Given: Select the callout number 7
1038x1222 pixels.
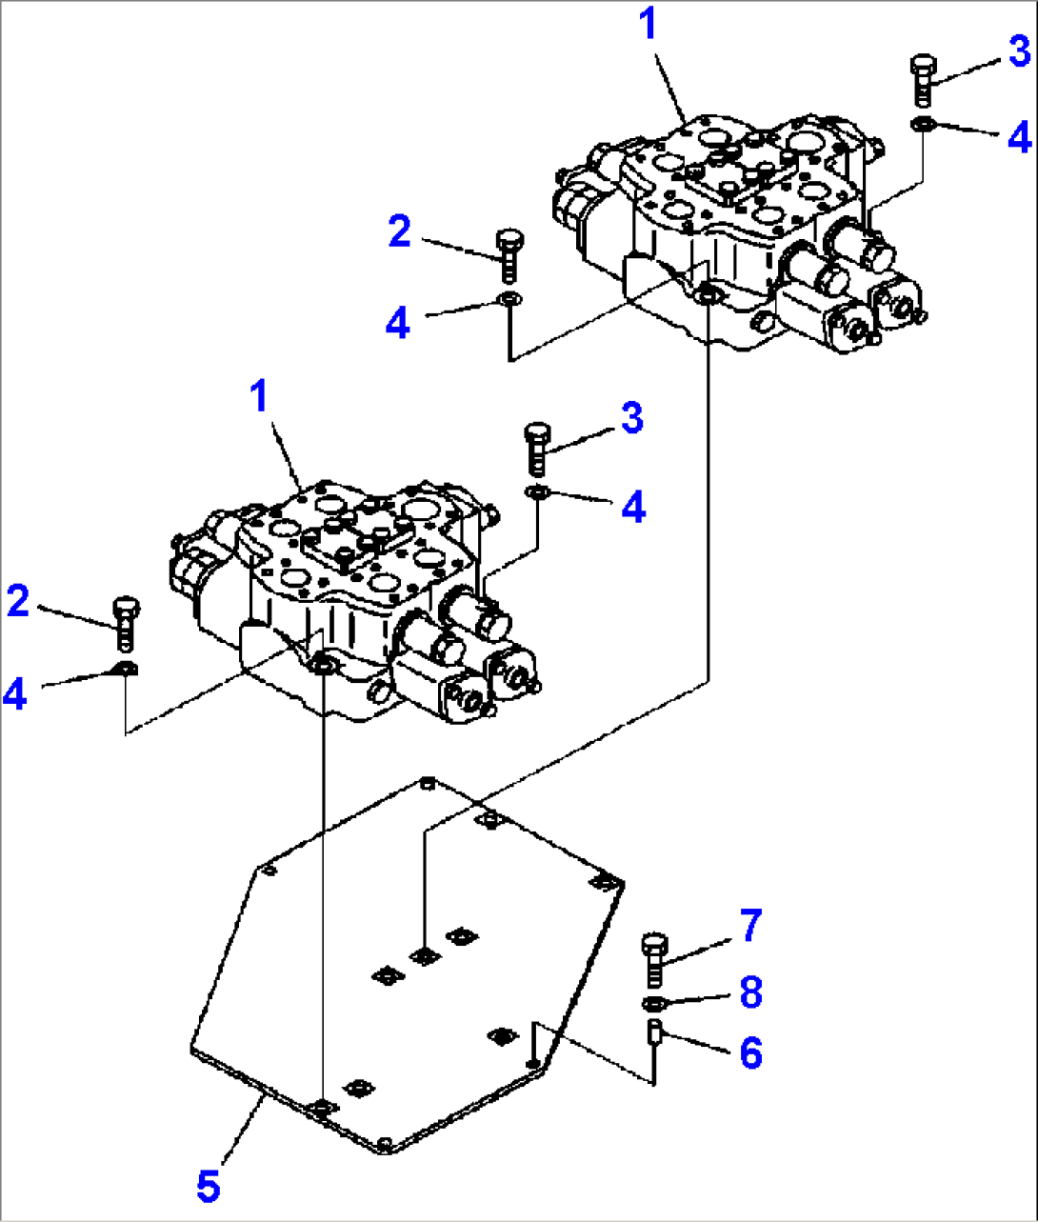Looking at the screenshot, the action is [x=750, y=926].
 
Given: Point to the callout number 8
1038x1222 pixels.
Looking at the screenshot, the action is [x=750, y=992].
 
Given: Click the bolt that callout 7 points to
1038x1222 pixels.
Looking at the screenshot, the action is [x=654, y=960].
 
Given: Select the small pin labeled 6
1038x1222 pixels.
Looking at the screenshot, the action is [x=654, y=1032].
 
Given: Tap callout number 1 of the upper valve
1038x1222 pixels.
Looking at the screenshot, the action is [x=649, y=26].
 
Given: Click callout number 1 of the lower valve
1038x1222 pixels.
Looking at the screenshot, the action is [x=260, y=395].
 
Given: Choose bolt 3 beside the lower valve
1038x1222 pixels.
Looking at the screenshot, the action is [x=537, y=450].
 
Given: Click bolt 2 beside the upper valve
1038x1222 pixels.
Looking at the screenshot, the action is [x=509, y=256].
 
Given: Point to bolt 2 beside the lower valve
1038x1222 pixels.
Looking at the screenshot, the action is [x=126, y=624].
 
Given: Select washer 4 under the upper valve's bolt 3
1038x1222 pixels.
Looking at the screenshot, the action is [x=922, y=124].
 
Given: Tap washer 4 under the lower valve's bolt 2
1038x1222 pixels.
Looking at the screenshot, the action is [x=125, y=670].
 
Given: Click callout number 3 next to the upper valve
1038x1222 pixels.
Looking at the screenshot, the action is [x=1019, y=50].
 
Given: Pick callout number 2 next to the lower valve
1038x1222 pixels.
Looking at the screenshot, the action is [x=18, y=601].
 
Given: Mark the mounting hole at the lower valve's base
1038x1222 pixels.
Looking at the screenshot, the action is [x=323, y=667].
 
